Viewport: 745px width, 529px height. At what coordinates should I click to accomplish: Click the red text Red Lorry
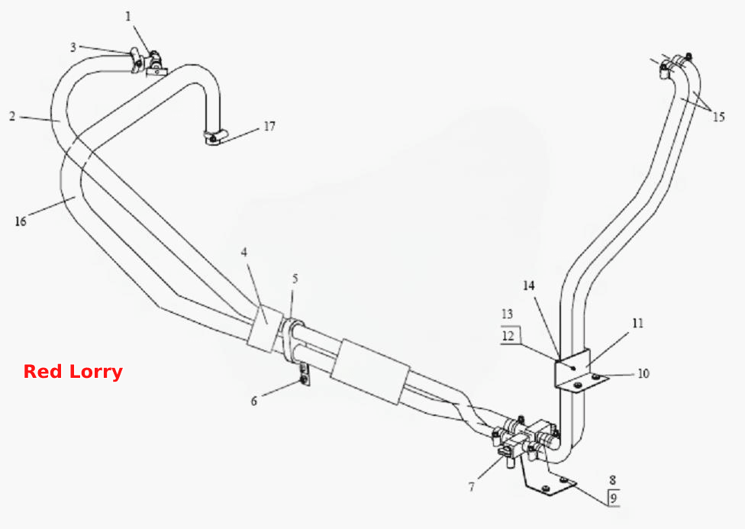[x=73, y=372]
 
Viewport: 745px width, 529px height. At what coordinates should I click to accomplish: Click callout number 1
[x=127, y=17]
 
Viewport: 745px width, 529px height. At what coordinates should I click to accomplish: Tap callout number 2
[x=12, y=116]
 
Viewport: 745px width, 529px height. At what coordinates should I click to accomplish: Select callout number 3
[x=73, y=47]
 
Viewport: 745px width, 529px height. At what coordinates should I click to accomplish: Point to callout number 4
[x=244, y=252]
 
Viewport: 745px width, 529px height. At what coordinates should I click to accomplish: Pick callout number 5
[x=295, y=279]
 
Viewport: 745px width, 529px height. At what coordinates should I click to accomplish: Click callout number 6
[x=253, y=402]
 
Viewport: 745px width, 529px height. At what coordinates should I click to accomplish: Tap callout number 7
[x=471, y=487]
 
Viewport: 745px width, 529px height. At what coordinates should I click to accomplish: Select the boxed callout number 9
[x=614, y=498]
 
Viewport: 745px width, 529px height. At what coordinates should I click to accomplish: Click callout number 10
[x=643, y=373]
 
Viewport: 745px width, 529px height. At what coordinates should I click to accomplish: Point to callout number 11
[x=637, y=323]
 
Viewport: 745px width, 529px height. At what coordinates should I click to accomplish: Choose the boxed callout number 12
[x=508, y=336]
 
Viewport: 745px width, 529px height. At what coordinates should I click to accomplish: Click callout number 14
[x=529, y=285]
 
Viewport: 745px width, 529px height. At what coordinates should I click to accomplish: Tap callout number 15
[x=719, y=117]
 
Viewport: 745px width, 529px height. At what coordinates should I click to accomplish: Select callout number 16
[x=21, y=221]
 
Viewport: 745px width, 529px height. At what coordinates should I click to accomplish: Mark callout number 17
[x=269, y=126]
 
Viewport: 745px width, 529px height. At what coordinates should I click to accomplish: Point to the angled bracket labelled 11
[x=577, y=372]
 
